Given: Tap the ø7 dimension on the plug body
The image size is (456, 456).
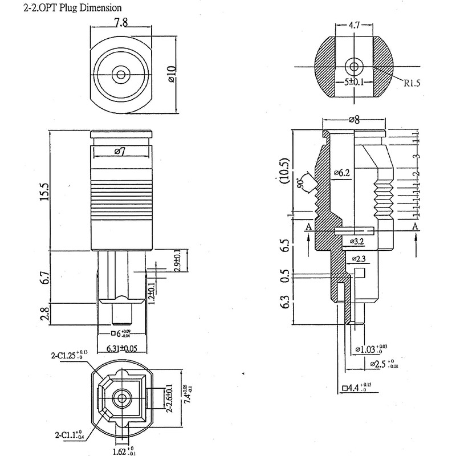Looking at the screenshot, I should click(120, 151).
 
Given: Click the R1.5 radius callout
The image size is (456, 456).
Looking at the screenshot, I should click(412, 83).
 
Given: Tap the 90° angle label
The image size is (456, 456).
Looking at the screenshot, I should click(300, 184).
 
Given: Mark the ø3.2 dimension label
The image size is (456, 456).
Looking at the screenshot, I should click(357, 242).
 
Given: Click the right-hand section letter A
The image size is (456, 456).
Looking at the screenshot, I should click(416, 226).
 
